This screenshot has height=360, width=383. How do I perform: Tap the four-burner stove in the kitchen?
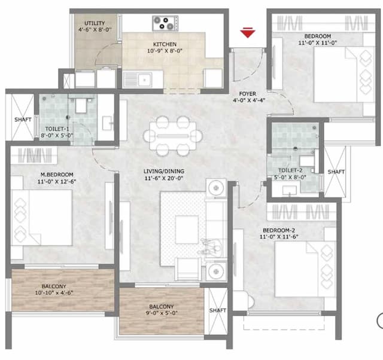point(165,23)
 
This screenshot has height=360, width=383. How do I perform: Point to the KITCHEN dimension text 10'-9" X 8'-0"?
point(164,52)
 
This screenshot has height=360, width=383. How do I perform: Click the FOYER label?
point(247,94)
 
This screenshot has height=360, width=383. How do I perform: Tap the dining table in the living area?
point(169,135)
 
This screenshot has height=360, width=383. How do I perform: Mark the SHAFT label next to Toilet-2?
point(336,172)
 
